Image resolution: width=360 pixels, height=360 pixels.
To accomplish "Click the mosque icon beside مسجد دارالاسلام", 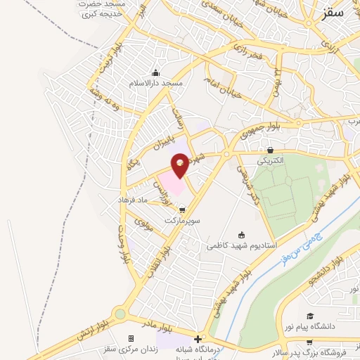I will pyautogui.click(x=155, y=73).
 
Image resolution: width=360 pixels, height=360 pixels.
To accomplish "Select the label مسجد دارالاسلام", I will pyautogui.click(x=155, y=83).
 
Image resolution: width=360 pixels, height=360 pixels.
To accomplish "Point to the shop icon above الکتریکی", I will pyautogui.click(x=271, y=150).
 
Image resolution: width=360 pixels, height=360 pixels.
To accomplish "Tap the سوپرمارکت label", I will pyautogui.click(x=183, y=220).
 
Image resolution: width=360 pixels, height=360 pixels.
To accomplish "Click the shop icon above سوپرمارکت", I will pyautogui.click(x=183, y=210).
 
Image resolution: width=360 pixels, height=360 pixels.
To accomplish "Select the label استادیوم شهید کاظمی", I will pyautogui.click(x=242, y=246).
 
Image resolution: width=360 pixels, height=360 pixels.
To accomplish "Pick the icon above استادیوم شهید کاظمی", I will pyautogui.click(x=242, y=236).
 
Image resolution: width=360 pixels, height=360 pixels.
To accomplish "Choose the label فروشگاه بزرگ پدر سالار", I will pyautogui.click(x=320, y=349).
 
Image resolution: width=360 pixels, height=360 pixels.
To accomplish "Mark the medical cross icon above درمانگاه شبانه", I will pyautogui.click(x=198, y=338).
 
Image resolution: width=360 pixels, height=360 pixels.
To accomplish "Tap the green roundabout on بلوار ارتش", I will pyautogui.click(x=120, y=314).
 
